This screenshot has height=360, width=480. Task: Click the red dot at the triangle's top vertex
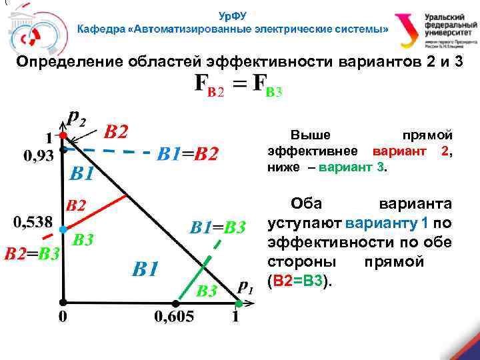[x=62, y=135]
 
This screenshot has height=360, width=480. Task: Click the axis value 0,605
[x=175, y=317]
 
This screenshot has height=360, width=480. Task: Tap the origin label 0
[x=63, y=317]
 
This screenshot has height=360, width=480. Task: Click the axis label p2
[x=77, y=119]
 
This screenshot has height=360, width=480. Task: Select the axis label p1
[x=245, y=288]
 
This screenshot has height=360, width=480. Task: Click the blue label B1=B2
[x=187, y=155]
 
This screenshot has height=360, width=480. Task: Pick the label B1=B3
[x=218, y=227]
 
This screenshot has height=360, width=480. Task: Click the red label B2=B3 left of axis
[x=32, y=253]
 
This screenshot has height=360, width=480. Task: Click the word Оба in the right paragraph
[x=306, y=203]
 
